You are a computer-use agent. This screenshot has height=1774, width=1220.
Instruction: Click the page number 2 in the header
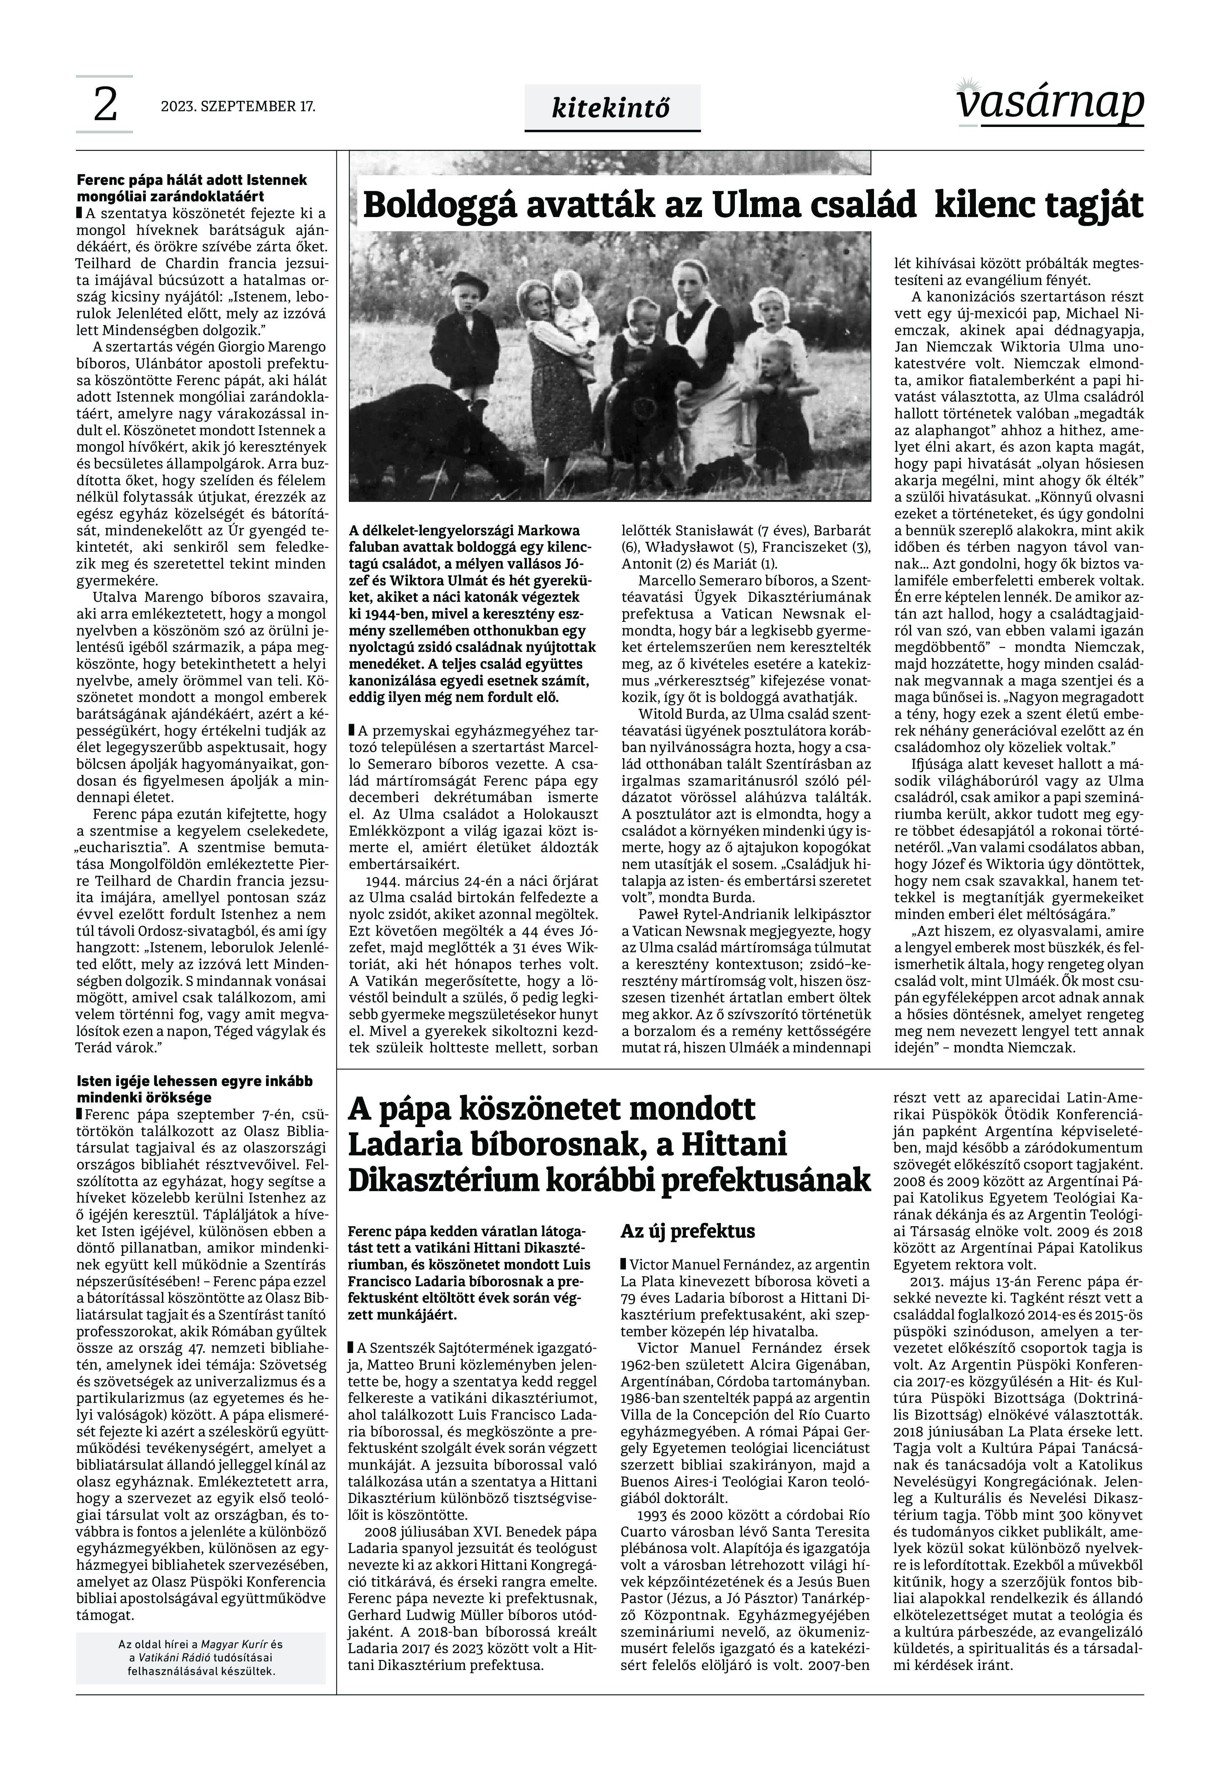coord(105,105)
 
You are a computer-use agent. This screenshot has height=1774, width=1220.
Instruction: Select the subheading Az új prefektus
coord(688,1231)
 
